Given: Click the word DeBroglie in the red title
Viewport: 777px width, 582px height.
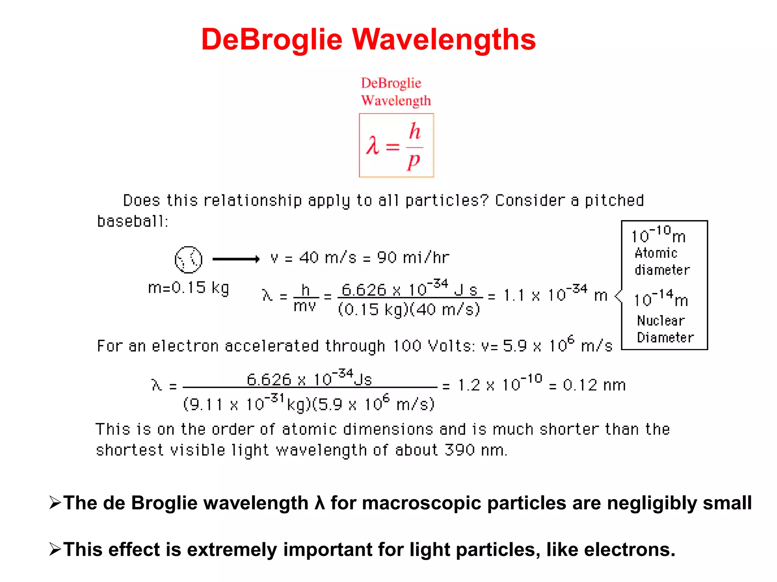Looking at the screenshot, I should coord(272,39).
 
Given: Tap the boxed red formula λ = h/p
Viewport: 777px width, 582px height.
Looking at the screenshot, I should coord(396,145).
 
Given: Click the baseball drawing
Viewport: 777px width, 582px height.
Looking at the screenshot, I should coord(188,260).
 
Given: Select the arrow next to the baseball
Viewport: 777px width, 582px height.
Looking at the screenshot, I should coord(236,259).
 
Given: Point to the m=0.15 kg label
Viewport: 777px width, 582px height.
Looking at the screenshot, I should coord(189,288).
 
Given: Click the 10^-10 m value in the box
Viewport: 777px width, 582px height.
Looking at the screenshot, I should coord(658,235).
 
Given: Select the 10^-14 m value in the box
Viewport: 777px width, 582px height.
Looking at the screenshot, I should coord(661,298).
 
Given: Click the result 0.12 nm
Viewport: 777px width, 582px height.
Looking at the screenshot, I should coord(594,385).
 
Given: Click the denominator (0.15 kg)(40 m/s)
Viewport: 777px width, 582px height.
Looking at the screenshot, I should coord(409,310).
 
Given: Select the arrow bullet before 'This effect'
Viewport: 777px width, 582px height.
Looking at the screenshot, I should coord(55,549).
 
